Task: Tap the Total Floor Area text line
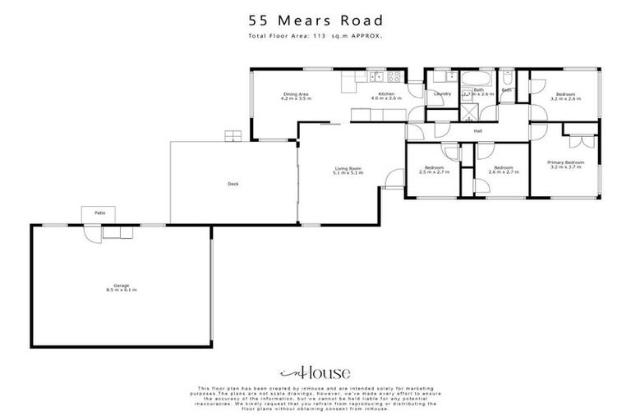point(315,36)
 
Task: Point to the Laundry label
point(442,94)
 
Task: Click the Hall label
point(477,131)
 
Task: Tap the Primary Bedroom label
point(566,162)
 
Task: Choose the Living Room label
point(347,169)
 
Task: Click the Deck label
point(233,185)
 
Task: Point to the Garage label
point(121,286)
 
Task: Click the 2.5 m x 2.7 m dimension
point(431,173)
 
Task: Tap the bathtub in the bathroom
point(477,80)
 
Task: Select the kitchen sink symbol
point(376,78)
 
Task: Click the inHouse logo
point(315,371)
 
